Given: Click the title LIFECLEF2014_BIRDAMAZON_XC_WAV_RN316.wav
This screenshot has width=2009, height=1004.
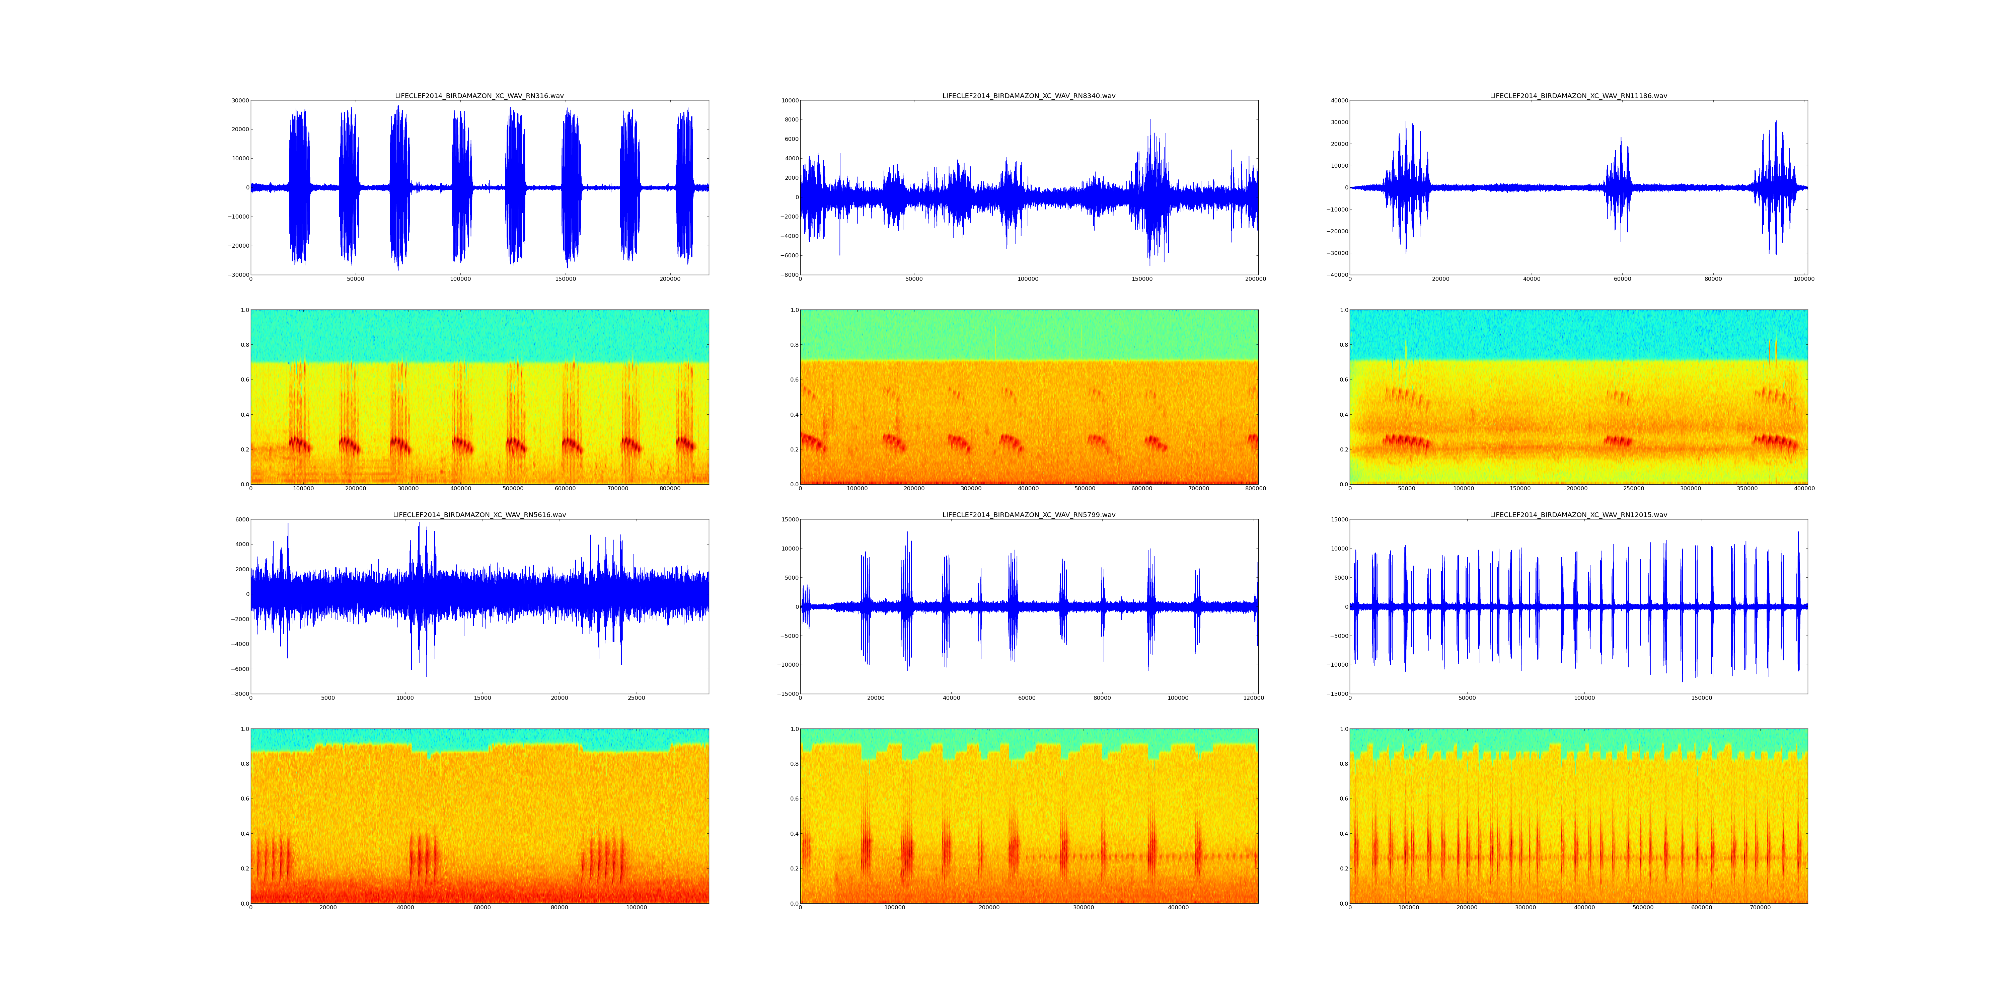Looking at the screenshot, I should click(479, 96).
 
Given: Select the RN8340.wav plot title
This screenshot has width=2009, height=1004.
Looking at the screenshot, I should click(1029, 96).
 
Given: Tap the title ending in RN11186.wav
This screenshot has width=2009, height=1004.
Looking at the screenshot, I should click(1578, 96).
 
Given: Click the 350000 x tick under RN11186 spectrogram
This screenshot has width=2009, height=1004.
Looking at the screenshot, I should click(1747, 489).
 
